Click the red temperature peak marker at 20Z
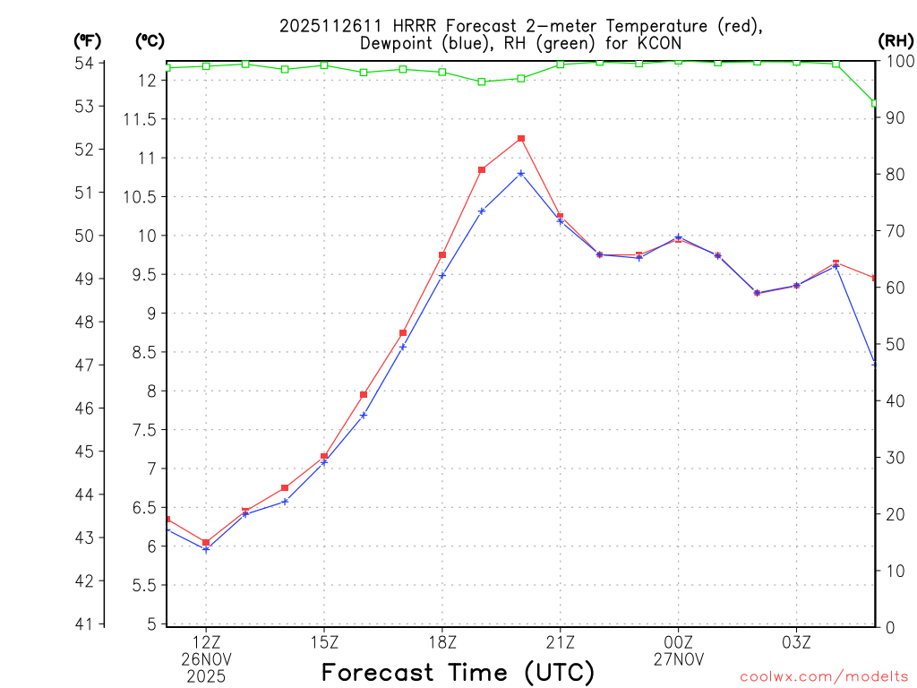tap(521, 139)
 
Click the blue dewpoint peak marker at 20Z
tap(521, 174)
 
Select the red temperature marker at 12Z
tap(206, 543)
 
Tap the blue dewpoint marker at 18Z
tap(442, 275)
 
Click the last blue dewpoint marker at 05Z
tap(875, 364)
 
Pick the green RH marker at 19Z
tap(482, 82)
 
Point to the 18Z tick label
tap(442, 642)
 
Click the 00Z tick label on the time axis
tap(678, 642)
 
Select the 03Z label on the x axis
tap(796, 642)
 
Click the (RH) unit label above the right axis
tap(896, 40)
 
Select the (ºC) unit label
tap(150, 40)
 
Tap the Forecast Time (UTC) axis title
tap(458, 672)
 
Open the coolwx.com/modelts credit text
tap(824, 676)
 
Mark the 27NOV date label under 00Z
tap(678, 659)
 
